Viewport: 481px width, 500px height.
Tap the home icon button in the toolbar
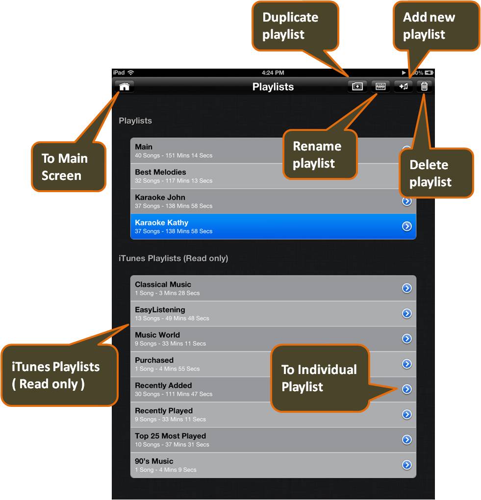[125, 87]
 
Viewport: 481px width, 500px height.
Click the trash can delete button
[425, 87]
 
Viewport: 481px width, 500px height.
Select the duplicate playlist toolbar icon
[357, 87]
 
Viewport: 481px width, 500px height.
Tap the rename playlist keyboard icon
[380, 87]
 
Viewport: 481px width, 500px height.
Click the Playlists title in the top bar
[273, 87]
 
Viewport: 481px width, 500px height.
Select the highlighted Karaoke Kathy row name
[161, 223]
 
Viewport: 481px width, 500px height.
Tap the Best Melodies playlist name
[160, 172]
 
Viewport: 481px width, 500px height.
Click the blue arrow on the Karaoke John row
[406, 201]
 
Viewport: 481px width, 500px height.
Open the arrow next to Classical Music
[406, 288]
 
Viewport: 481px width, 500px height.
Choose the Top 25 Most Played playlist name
[170, 436]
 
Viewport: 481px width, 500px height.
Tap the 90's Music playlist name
[154, 461]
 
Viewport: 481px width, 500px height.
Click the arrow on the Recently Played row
[406, 414]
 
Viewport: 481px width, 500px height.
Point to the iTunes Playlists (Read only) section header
[173, 258]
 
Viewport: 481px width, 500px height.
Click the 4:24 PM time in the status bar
[273, 73]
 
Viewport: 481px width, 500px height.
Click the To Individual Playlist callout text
[319, 378]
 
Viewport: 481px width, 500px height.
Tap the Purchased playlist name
[154, 360]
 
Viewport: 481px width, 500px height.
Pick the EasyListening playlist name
[160, 310]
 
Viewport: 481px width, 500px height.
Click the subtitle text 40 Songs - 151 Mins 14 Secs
[174, 155]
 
